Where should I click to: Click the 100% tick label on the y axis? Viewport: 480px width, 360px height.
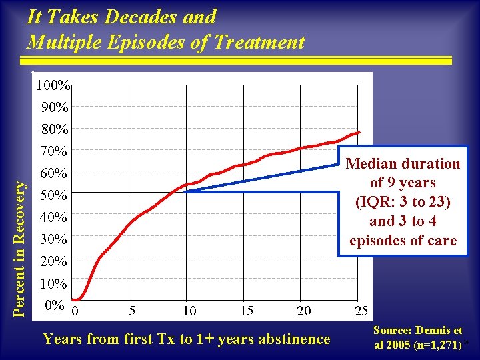(x=55, y=85)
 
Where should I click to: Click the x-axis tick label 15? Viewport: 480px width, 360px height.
(x=246, y=311)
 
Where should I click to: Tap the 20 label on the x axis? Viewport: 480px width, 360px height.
(x=303, y=311)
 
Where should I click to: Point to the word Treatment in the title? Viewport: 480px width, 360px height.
(x=260, y=43)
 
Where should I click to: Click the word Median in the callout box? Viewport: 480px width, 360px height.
(x=369, y=164)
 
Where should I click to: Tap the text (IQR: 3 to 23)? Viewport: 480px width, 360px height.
(x=403, y=202)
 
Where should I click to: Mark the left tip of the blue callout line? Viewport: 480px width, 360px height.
(x=183, y=191)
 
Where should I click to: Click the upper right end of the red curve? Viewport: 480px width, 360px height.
(x=359, y=132)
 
